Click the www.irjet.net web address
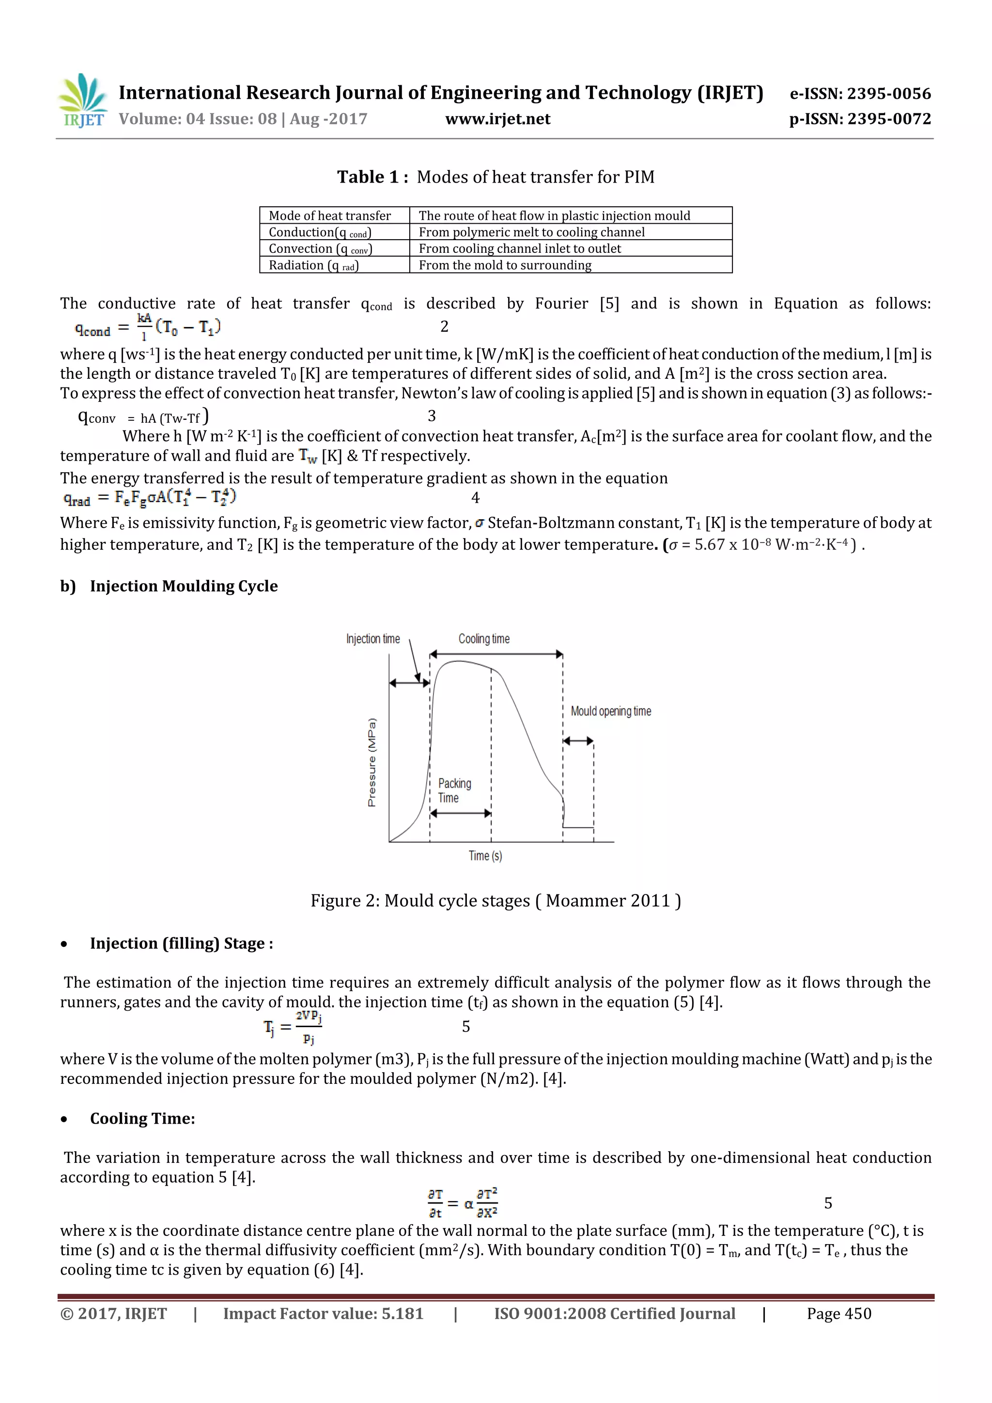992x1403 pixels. pyautogui.click(x=497, y=119)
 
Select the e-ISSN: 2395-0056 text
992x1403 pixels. pyautogui.click(x=860, y=93)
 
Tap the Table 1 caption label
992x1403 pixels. pyautogui.click(x=372, y=177)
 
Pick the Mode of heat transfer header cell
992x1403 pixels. pyautogui.click(x=330, y=216)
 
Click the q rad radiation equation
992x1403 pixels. pyautogui.click(x=150, y=497)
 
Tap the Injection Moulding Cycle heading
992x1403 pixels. pyautogui.click(x=184, y=586)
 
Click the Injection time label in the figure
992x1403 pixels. pyautogui.click(x=373, y=639)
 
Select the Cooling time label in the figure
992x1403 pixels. pyautogui.click(x=484, y=639)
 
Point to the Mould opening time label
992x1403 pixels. pyautogui.click(x=611, y=710)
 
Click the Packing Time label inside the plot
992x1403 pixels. pyautogui.click(x=454, y=790)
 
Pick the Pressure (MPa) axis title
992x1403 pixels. pyautogui.click(x=372, y=762)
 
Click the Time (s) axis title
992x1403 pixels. pyautogui.click(x=485, y=855)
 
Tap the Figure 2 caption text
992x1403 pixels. pyautogui.click(x=495, y=901)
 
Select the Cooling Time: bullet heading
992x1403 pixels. pyautogui.click(x=142, y=1118)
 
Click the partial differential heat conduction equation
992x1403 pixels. pyautogui.click(x=463, y=1203)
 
